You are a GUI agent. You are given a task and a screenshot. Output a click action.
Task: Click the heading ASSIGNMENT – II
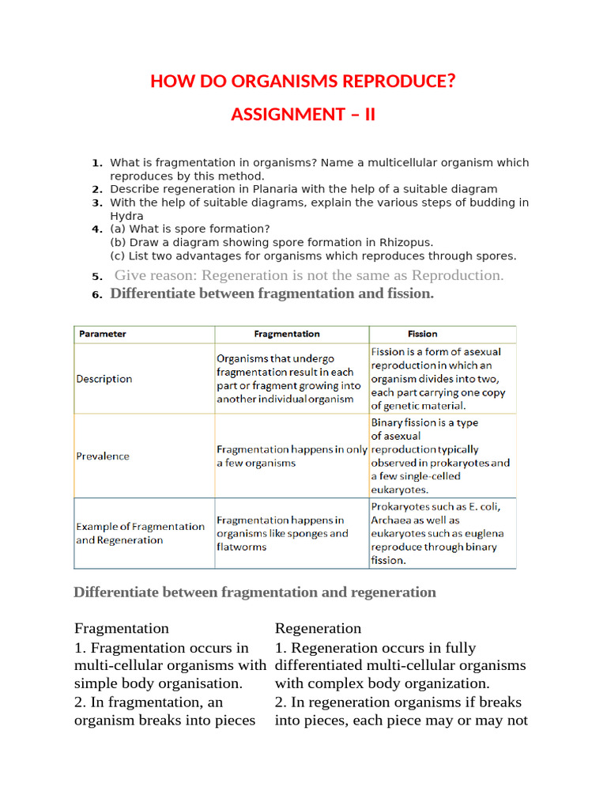(x=303, y=115)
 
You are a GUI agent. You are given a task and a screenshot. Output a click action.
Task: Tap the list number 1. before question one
(x=97, y=163)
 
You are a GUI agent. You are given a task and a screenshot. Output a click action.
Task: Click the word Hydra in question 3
(x=126, y=216)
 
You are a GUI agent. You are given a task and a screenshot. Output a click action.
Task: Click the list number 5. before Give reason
(x=97, y=276)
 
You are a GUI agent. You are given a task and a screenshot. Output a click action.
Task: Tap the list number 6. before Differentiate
(x=97, y=294)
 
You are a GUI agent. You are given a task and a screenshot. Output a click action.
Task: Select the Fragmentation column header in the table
(x=287, y=334)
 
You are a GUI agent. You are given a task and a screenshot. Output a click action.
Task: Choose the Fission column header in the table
(x=422, y=334)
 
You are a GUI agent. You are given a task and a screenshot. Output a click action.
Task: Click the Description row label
(x=104, y=379)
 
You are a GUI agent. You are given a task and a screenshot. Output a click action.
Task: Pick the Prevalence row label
(x=103, y=456)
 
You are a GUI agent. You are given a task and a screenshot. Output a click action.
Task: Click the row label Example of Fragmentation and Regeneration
(x=140, y=533)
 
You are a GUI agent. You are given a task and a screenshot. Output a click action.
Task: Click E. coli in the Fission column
(x=481, y=506)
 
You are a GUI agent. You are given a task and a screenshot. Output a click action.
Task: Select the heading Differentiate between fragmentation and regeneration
(x=254, y=592)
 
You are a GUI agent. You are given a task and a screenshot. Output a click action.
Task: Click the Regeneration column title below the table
(x=318, y=628)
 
